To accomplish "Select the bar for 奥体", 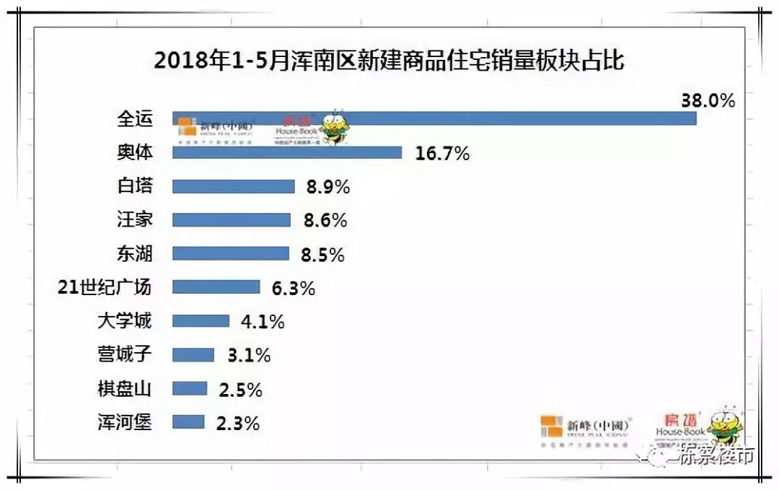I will [x=287, y=152].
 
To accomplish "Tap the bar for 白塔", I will [x=234, y=186].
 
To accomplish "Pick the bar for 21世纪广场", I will [x=216, y=287].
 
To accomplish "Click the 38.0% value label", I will [x=708, y=100].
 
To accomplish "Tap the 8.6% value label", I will [x=325, y=221].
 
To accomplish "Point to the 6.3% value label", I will [x=293, y=288].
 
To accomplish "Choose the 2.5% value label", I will [x=239, y=390].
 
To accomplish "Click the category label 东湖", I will [x=134, y=254].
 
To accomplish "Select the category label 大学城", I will [x=124, y=321].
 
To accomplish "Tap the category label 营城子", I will [x=124, y=355].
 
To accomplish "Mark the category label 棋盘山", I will [x=124, y=389].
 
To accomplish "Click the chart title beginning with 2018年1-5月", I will [x=389, y=61].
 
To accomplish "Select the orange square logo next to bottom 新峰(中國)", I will [x=551, y=426].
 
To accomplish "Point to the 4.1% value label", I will [x=262, y=322].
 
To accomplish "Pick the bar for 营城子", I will [x=193, y=355].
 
